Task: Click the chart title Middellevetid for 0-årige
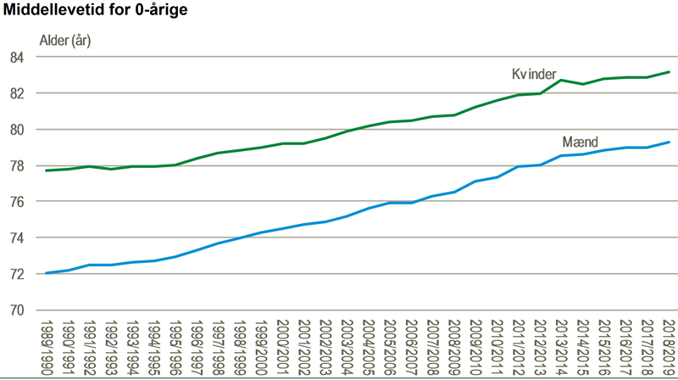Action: click(96, 11)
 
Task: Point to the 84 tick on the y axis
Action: click(17, 57)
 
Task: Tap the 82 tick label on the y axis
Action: click(17, 93)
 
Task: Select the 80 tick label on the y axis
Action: click(17, 129)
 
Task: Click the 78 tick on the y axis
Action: click(17, 165)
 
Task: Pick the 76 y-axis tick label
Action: click(17, 201)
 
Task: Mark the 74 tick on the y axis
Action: click(17, 237)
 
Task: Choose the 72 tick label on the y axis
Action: click(17, 273)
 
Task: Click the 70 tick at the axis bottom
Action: click(17, 310)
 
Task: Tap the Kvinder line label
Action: click(533, 75)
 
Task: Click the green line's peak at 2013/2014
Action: click(561, 80)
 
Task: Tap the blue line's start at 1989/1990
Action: click(46, 273)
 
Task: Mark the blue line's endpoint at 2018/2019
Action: click(669, 142)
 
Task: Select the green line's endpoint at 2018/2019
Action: click(669, 72)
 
